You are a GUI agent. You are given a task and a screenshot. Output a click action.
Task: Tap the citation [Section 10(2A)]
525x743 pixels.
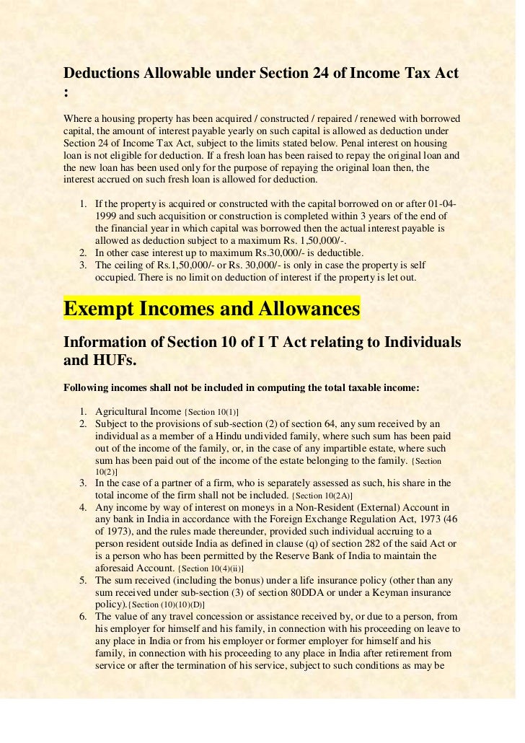coord(323,496)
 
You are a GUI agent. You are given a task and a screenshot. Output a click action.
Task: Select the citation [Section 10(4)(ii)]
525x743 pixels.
coord(210,570)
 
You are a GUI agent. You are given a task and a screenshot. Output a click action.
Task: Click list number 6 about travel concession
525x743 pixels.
coord(84,617)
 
